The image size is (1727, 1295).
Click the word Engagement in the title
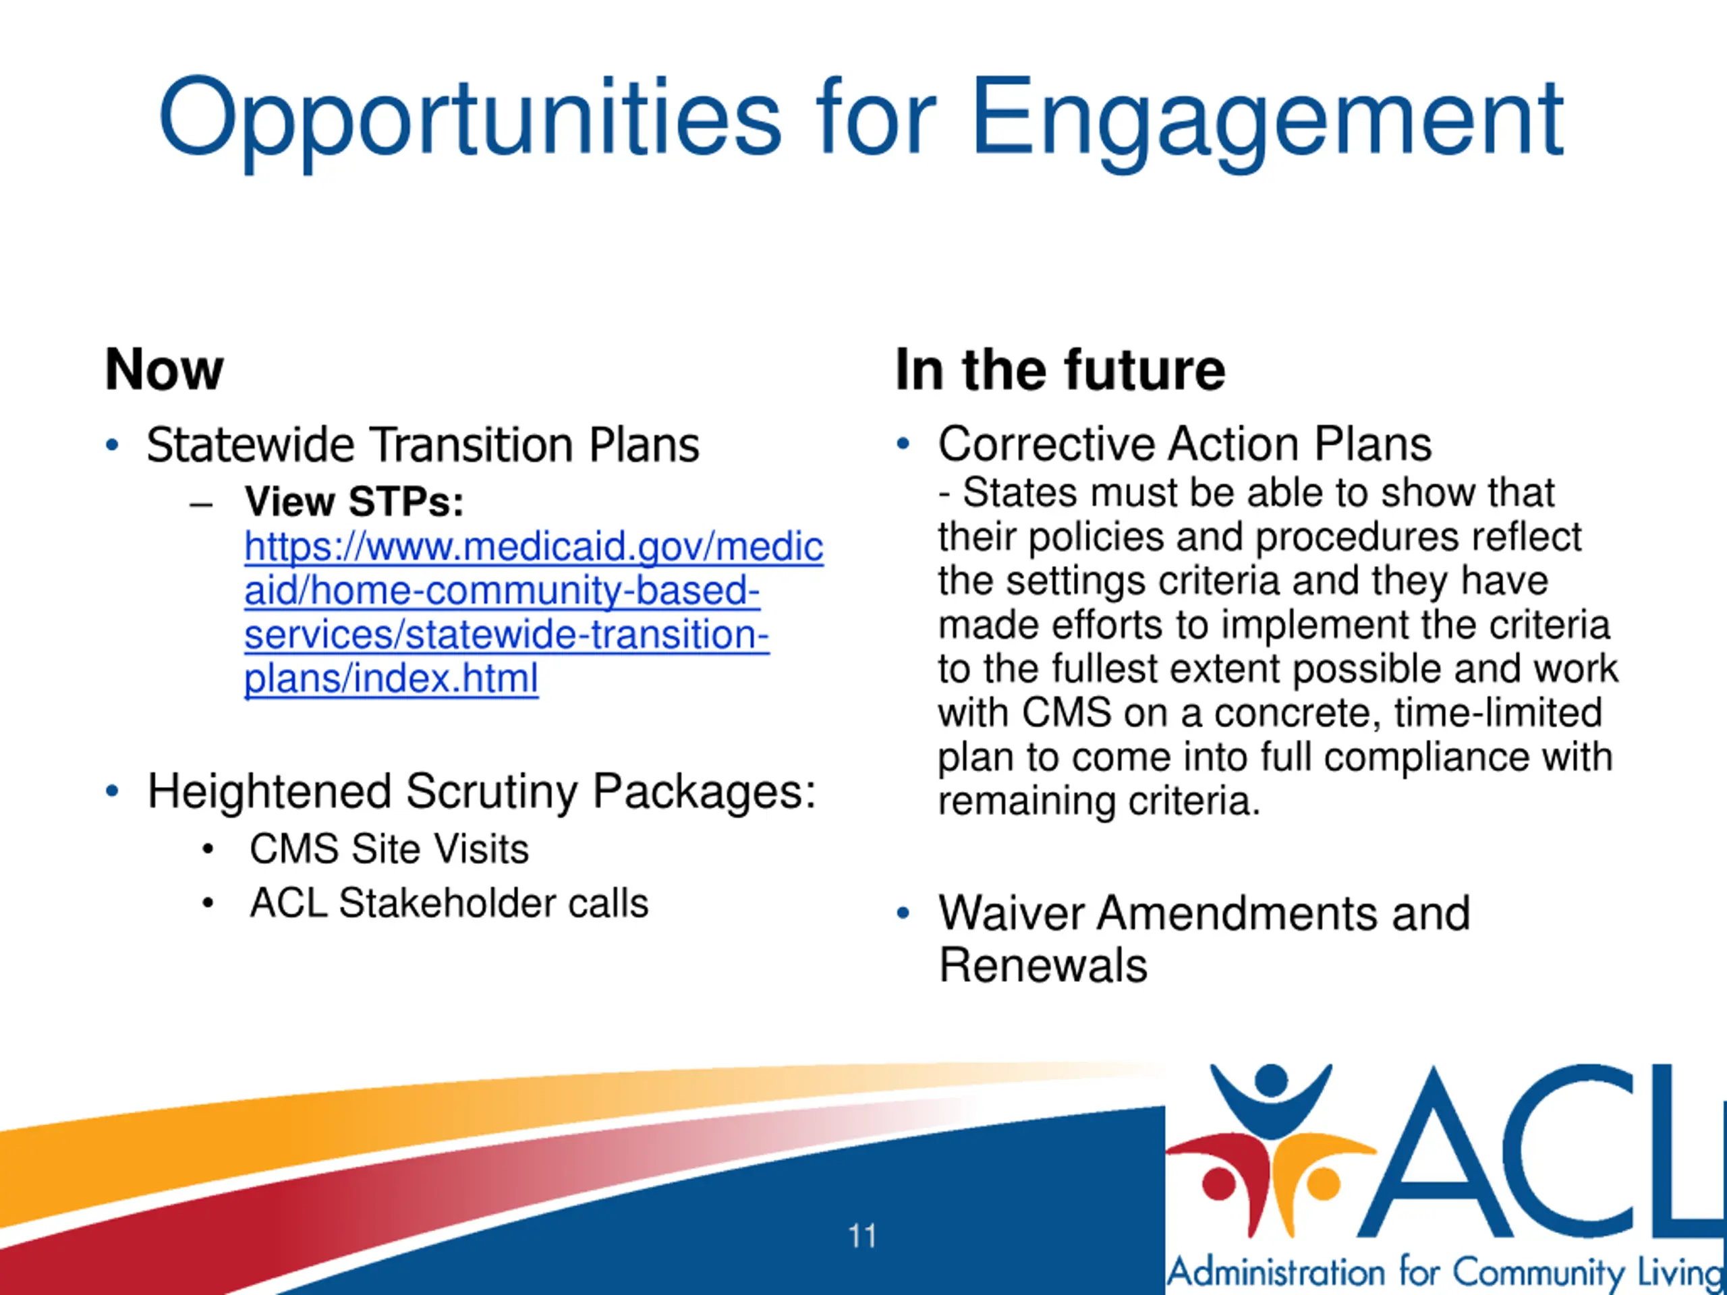pos(1266,123)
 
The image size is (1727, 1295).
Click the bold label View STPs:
pos(353,501)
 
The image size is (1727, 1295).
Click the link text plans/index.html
pos(391,679)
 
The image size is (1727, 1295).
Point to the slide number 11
pos(862,1236)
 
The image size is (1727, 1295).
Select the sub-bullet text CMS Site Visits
pos(389,848)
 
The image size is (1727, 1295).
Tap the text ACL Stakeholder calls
pos(449,903)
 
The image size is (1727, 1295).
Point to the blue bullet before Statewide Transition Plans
pos(113,445)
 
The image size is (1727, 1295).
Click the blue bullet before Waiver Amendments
pos(903,913)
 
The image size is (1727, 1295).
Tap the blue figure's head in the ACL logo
pos(1272,1080)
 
